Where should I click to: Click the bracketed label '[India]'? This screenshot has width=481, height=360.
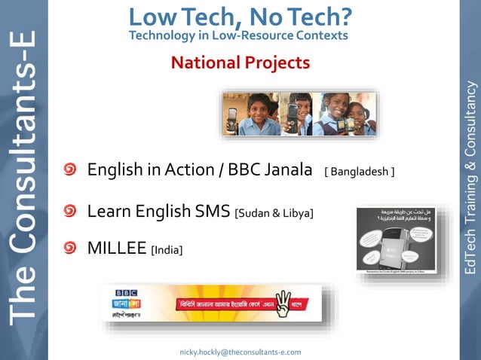click(167, 249)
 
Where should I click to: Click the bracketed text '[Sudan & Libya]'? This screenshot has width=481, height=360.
click(274, 213)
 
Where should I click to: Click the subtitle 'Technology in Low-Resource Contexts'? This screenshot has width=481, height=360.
click(238, 35)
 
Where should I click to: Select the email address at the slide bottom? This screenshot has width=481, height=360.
click(240, 352)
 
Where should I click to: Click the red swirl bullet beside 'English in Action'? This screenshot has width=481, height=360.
click(69, 170)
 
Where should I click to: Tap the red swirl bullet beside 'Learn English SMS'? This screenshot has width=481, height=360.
click(69, 211)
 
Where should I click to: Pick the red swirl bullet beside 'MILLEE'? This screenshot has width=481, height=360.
click(69, 246)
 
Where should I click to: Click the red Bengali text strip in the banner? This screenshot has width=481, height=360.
click(220, 304)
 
